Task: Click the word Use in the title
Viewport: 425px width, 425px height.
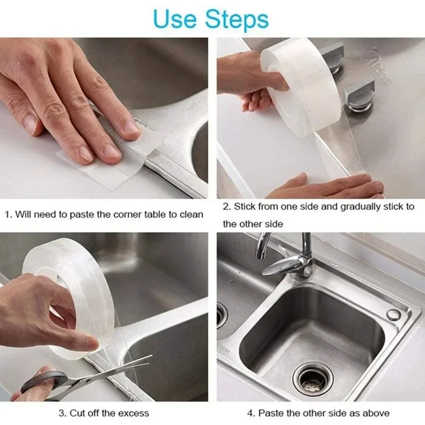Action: point(173,19)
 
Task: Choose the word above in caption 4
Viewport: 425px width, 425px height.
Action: point(375,413)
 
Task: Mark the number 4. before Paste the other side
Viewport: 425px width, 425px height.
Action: point(250,413)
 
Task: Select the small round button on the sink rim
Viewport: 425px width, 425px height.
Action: point(393,314)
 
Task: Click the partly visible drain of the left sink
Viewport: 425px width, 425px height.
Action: point(221,316)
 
